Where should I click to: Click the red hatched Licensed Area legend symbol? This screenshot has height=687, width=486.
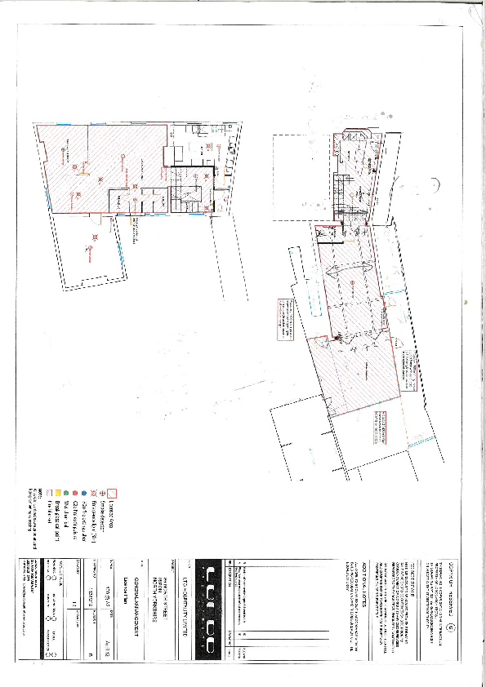pos(114,493)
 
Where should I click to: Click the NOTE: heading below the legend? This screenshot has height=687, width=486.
pos(39,492)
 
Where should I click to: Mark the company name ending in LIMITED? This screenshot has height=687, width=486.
pos(188,589)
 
